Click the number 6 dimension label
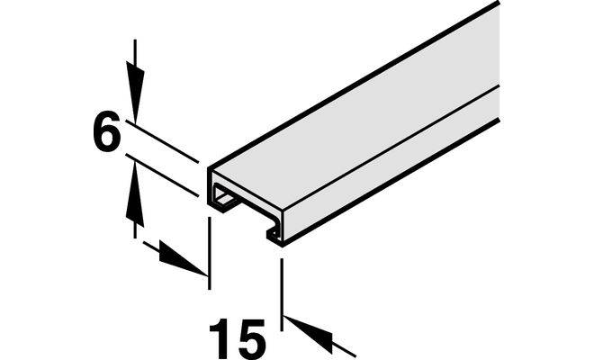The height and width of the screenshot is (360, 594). tap(106, 131)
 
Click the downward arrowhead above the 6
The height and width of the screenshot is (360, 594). tap(135, 92)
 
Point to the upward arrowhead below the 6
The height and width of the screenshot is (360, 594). tap(135, 193)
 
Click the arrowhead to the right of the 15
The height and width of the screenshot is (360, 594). tap(308, 333)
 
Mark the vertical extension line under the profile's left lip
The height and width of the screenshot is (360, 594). tap(209, 253)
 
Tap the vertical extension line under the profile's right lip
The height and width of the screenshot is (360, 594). tap(281, 294)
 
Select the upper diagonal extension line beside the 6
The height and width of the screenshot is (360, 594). tap(162, 141)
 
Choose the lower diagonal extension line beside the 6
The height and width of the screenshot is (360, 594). tap(162, 175)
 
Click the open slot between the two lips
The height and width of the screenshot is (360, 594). tap(254, 217)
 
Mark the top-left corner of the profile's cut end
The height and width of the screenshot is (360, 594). tap(209, 167)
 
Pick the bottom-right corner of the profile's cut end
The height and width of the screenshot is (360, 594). tap(283, 246)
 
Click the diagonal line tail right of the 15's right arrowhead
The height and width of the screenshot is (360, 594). tap(344, 350)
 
